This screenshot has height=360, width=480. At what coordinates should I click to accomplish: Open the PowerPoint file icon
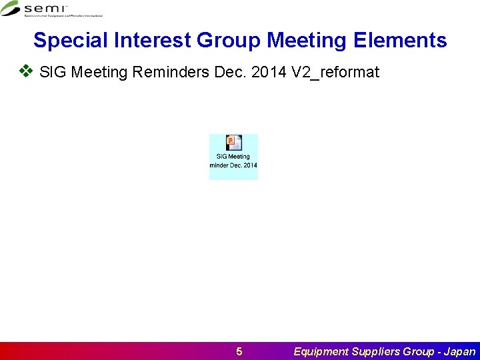click(x=233, y=142)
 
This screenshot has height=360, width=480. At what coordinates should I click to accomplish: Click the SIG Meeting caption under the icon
click(x=233, y=157)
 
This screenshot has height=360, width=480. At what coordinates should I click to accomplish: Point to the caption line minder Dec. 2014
click(x=233, y=165)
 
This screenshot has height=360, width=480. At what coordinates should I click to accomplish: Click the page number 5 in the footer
click(x=239, y=351)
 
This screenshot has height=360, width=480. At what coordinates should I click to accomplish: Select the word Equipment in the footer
click(x=321, y=351)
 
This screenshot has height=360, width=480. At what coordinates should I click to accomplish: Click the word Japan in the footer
click(x=459, y=351)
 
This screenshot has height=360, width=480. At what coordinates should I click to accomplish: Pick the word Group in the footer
click(x=420, y=351)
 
